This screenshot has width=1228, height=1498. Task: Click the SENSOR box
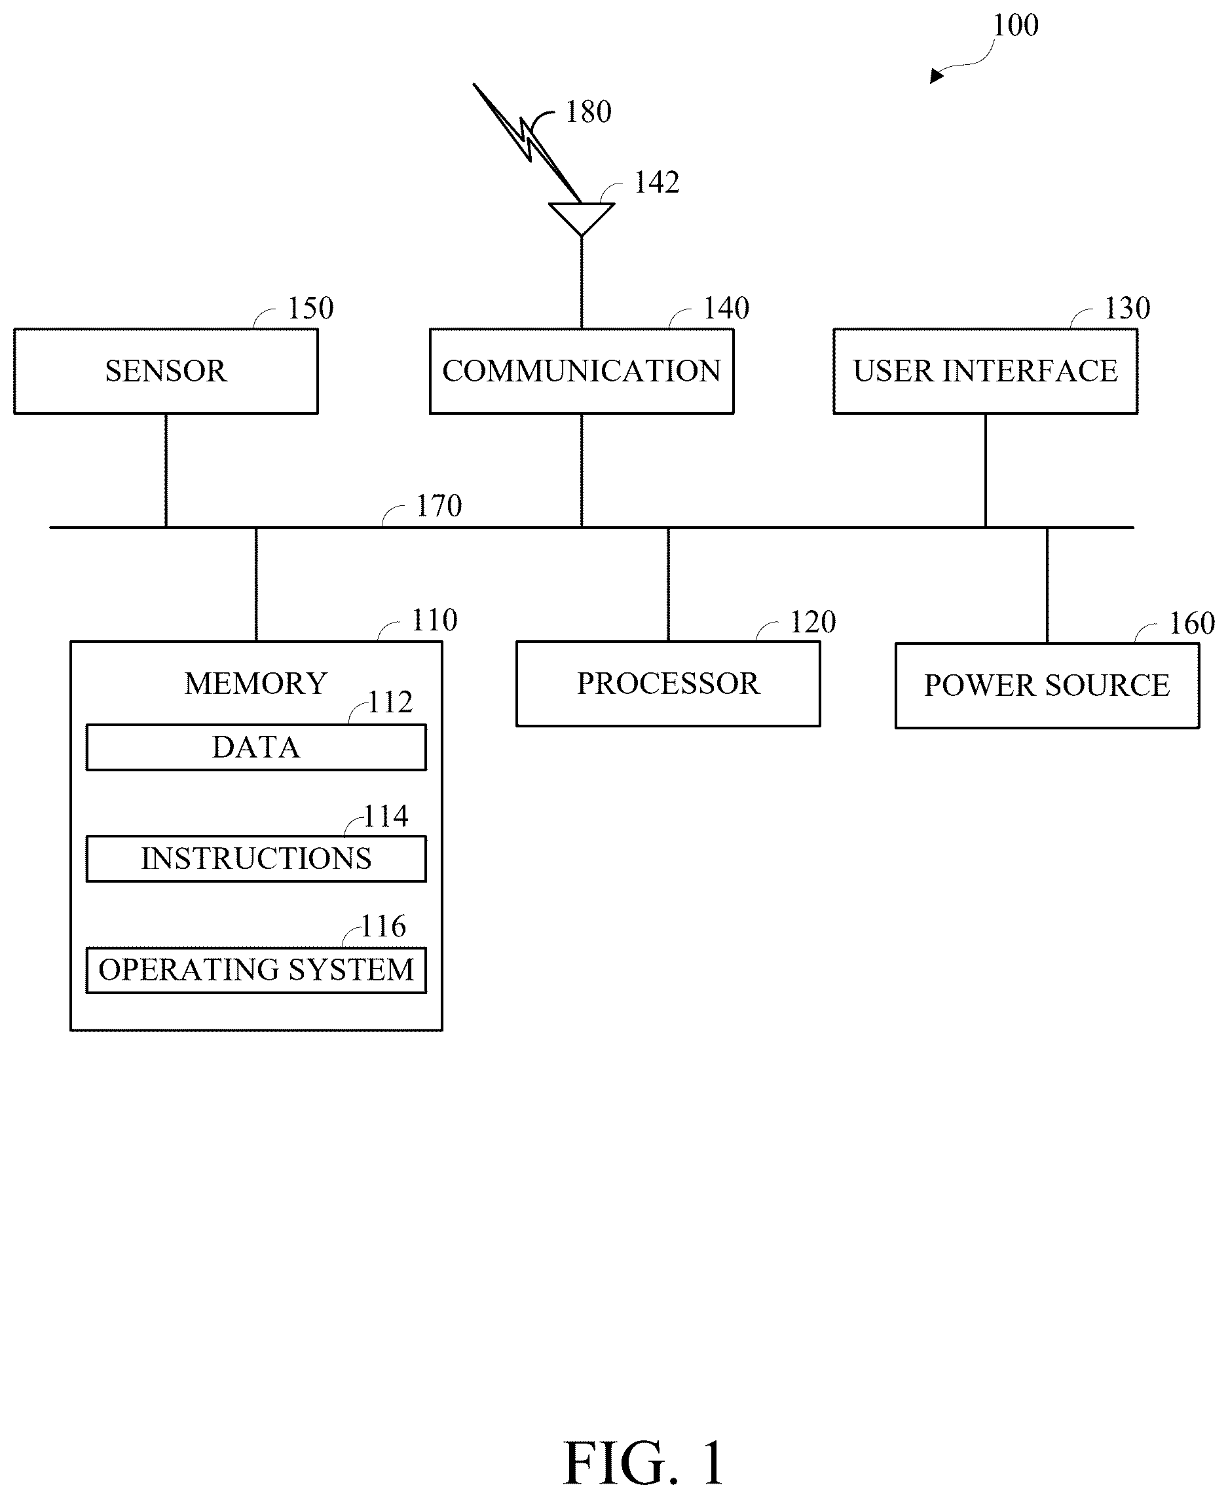(166, 371)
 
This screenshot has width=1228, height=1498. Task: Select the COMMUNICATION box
(582, 371)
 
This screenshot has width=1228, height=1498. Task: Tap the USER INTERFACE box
(986, 371)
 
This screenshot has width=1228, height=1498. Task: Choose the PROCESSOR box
(669, 683)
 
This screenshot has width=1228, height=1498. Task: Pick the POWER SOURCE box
(1047, 685)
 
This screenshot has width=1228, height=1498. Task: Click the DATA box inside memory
(256, 747)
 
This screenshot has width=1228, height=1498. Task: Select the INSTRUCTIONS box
(256, 858)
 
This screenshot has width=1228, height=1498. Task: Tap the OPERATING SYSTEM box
(256, 970)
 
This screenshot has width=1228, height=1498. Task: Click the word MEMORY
(256, 683)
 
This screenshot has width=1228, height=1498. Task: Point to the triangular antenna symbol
(582, 219)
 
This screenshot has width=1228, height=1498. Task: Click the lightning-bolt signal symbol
(528, 144)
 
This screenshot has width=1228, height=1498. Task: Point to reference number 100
(1016, 26)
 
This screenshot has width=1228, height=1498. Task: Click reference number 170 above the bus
(439, 506)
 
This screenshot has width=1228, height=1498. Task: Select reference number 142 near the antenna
(656, 183)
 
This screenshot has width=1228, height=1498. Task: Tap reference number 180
(589, 112)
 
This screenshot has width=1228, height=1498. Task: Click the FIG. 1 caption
(644, 1463)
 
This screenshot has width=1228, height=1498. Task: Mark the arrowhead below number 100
(937, 75)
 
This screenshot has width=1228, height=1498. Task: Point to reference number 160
(1192, 623)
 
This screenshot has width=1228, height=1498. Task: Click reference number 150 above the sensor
(310, 308)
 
